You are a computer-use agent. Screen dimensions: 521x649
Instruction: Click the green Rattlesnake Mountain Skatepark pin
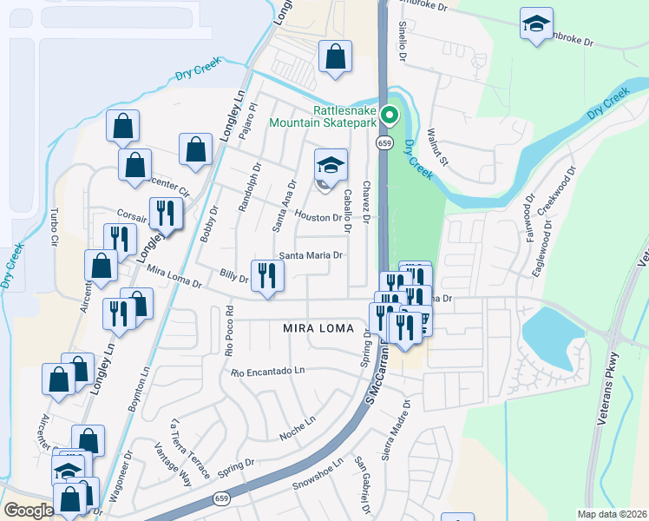pyautogui.click(x=390, y=115)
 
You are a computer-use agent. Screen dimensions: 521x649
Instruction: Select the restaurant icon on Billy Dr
pyautogui.click(x=267, y=276)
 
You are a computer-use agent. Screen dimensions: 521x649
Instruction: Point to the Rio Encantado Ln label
pyautogui.click(x=269, y=372)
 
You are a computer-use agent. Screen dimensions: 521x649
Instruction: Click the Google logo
pyautogui.click(x=29, y=511)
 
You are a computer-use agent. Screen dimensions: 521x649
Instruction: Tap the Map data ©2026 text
pyautogui.click(x=612, y=514)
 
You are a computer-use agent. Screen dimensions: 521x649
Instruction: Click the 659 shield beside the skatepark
pyautogui.click(x=383, y=142)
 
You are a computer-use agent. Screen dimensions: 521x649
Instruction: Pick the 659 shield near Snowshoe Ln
pyautogui.click(x=222, y=499)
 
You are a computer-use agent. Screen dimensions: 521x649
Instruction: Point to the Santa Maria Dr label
pyautogui.click(x=311, y=256)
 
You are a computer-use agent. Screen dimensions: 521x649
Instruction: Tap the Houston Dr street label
pyautogui.click(x=318, y=217)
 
